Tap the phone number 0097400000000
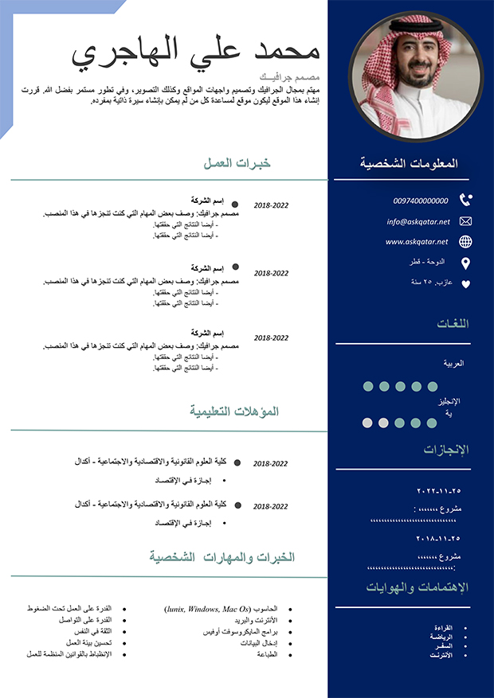pos(421,201)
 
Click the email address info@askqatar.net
pos(418,221)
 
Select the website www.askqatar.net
pos(417,241)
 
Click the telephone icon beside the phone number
pos(466,201)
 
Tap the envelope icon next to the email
pos(466,221)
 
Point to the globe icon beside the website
pos(466,242)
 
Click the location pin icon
pos(466,263)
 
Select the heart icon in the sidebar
pos(466,283)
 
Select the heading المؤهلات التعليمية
pos(234,411)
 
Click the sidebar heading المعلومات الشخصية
pos(410,163)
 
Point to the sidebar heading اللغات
pos(453,324)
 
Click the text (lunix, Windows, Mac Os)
pos(208,609)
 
